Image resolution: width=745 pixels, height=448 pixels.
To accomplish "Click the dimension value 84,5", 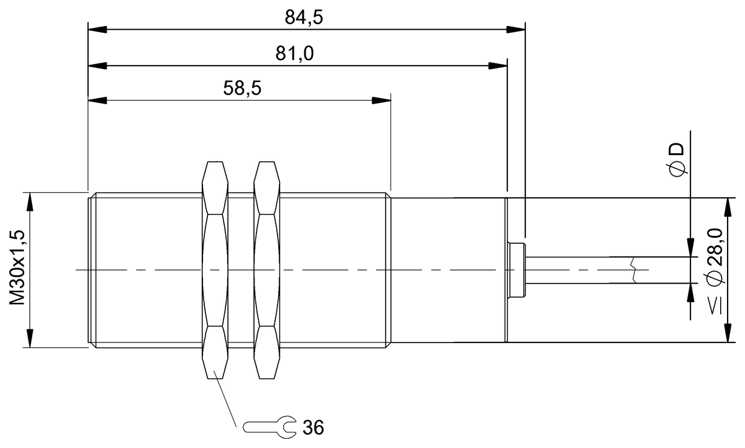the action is pyautogui.click(x=304, y=17).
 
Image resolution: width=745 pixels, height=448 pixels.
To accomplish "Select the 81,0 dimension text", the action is pyautogui.click(x=294, y=53).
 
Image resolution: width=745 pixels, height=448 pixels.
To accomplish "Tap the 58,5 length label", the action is pyautogui.click(x=242, y=88).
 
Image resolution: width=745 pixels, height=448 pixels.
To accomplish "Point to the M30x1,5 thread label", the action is pyautogui.click(x=17, y=267).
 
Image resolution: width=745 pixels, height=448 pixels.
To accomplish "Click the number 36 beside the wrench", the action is pyautogui.click(x=313, y=428).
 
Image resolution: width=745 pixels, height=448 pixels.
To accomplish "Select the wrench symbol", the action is pyautogui.click(x=269, y=427).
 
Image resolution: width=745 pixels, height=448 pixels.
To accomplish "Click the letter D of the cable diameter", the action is pyautogui.click(x=677, y=150).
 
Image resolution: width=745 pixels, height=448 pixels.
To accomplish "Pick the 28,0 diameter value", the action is pyautogui.click(x=715, y=247).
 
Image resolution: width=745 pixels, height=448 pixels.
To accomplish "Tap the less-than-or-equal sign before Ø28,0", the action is pyautogui.click(x=716, y=307).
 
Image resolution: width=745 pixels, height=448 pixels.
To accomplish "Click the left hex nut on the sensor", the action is pyautogui.click(x=215, y=270).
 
